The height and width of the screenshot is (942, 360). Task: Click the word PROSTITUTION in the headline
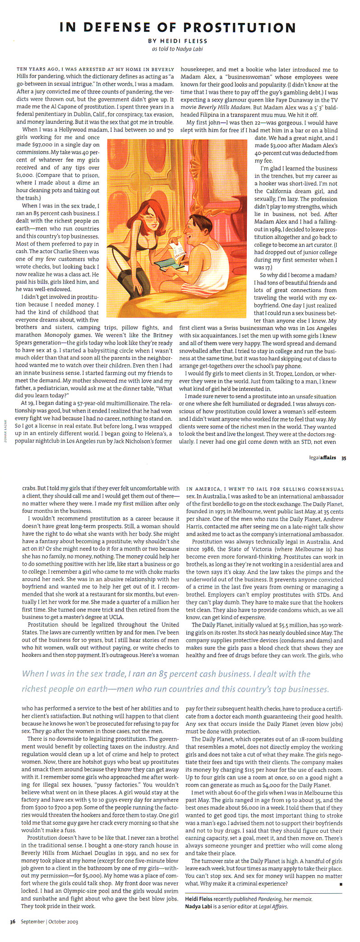(x=237, y=28)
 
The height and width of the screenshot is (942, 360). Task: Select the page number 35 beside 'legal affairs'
(x=343, y=457)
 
